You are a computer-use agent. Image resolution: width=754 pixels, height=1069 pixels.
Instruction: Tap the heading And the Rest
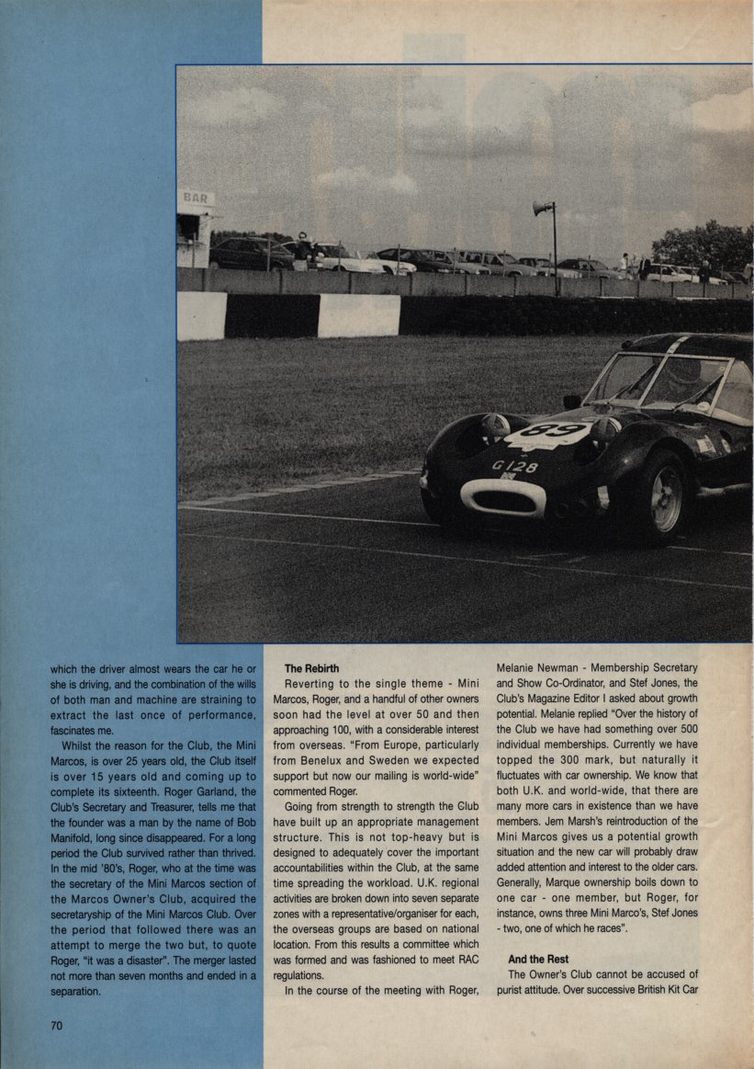537,960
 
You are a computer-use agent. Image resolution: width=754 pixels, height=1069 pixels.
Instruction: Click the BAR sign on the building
196,198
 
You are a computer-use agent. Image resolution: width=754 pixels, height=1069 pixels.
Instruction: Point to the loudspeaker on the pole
543,209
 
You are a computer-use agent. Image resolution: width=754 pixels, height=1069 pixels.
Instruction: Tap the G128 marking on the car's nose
515,466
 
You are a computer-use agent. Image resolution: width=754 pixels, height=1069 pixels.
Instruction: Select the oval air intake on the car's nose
502,498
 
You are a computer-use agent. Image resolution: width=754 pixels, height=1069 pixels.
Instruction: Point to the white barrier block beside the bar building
201,315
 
